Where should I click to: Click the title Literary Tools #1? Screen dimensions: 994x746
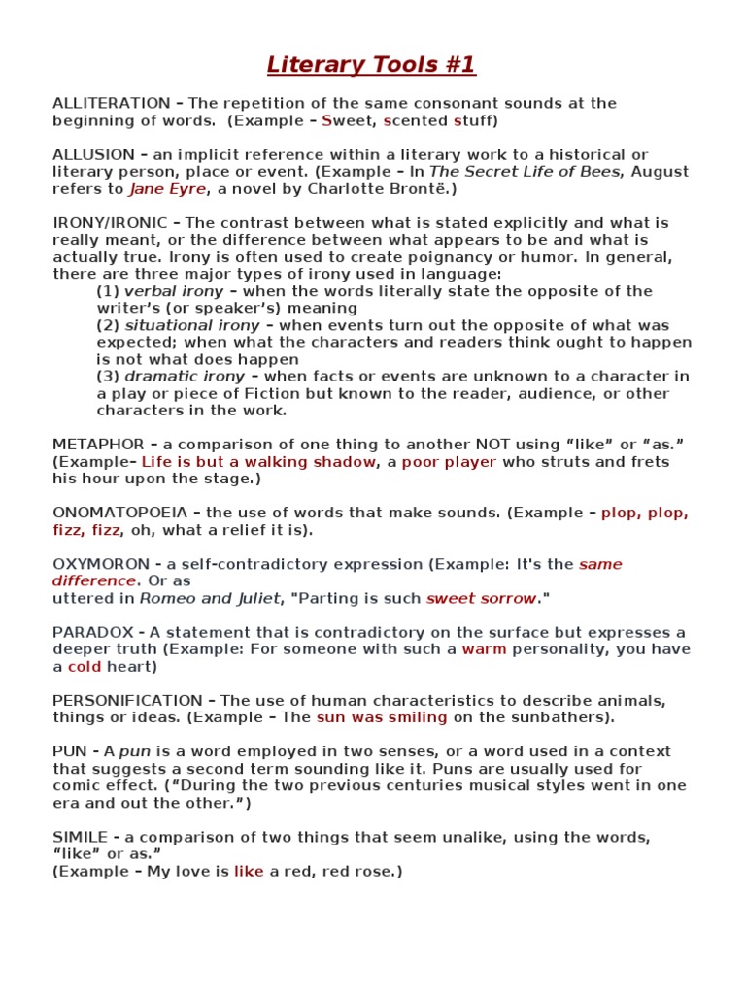click(372, 65)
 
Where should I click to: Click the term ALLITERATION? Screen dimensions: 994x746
click(112, 103)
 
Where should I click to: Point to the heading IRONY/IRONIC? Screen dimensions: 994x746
click(111, 222)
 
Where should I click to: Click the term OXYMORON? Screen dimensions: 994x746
click(101, 564)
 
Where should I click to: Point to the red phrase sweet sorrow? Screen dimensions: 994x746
click(481, 598)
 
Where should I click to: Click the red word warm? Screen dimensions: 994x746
click(484, 649)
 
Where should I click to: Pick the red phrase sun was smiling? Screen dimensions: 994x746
click(382, 717)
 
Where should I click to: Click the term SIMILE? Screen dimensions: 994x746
click(81, 836)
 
